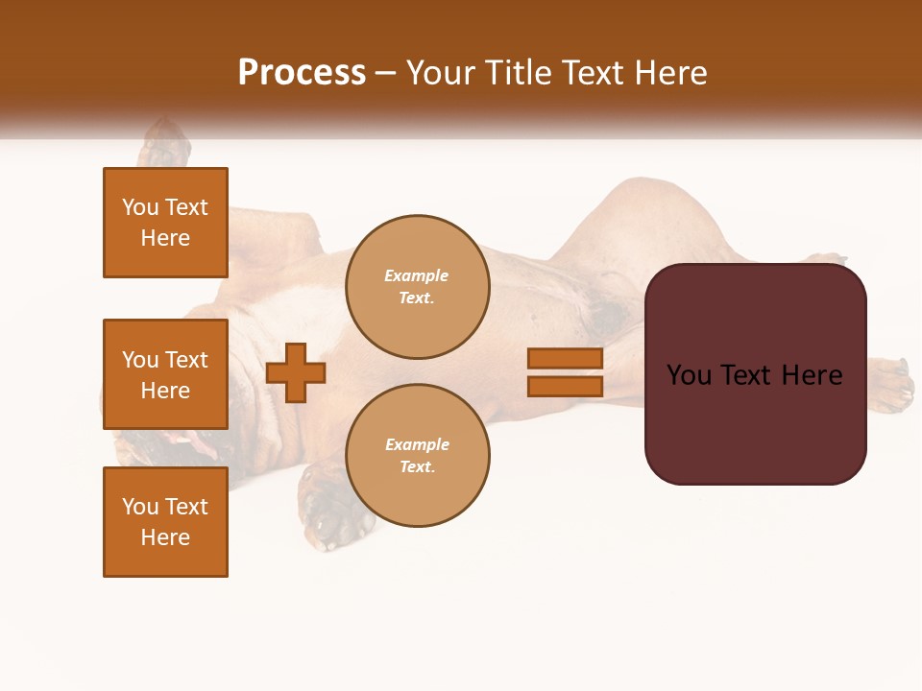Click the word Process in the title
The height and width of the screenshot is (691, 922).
(x=302, y=73)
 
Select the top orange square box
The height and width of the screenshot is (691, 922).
(x=165, y=223)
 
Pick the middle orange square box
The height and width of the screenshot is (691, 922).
(x=165, y=374)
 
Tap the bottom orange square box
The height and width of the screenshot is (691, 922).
(x=165, y=522)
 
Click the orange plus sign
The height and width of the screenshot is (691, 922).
(x=296, y=372)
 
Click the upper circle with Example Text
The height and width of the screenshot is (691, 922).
(x=417, y=287)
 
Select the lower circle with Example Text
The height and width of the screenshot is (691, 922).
(x=417, y=456)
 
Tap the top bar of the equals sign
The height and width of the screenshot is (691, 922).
(x=565, y=358)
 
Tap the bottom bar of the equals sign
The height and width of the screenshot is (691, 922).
(x=565, y=387)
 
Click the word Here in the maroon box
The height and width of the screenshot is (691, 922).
(x=812, y=375)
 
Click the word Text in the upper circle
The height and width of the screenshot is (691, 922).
(x=417, y=298)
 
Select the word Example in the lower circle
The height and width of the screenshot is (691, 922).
(x=417, y=444)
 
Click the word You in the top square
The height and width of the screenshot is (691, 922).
(x=139, y=207)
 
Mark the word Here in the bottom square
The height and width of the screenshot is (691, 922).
(x=165, y=537)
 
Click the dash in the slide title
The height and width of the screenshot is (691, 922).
(x=386, y=74)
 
